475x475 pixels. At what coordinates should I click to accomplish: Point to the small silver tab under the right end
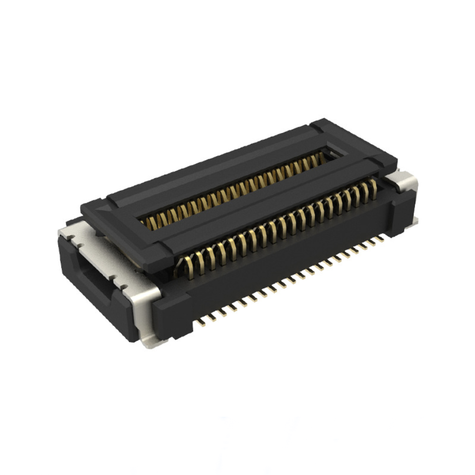tap(414, 221)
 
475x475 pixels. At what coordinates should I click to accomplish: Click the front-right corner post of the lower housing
tap(398, 213)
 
